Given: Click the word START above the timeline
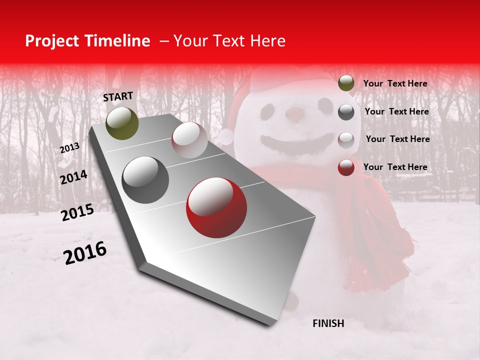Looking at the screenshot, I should point(118,96).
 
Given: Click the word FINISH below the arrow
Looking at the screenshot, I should point(328,323).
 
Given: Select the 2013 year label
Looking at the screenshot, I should point(69,147).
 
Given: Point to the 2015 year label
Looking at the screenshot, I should point(77,212).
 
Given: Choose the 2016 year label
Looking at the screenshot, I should point(85,253).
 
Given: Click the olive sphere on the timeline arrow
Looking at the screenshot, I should point(122,123).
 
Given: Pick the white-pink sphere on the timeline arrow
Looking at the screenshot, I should point(189,140).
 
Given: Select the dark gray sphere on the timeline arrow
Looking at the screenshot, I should point(145,180).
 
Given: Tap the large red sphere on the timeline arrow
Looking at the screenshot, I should point(216,208).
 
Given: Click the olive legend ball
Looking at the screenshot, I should point(346,83).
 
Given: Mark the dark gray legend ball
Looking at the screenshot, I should point(346,111).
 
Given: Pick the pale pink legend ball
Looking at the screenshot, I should point(346,139).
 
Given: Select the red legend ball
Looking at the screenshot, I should point(346,167).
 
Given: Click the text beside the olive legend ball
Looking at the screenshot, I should point(395,83).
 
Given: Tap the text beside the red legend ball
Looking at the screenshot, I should point(395,167).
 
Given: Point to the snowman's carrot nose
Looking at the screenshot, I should point(295,114).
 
